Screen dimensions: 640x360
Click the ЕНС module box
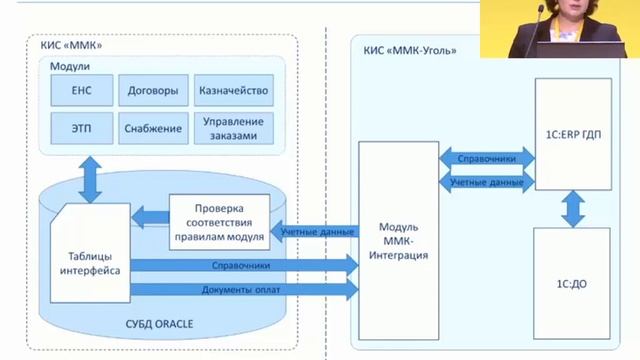82,90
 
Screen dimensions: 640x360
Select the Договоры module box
153,90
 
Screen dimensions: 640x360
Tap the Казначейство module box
233,90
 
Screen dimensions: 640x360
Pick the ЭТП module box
82,128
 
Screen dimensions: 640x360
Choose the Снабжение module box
153,128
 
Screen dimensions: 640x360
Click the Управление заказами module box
233,128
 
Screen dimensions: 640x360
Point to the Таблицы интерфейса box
90,253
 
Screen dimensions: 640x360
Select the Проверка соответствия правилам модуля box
220,222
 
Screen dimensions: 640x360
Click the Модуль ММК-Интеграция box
398,241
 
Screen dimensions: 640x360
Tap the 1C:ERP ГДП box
573,134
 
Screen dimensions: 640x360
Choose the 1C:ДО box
571,284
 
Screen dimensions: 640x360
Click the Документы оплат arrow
244,290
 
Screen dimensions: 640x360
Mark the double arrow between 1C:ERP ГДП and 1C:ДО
573,209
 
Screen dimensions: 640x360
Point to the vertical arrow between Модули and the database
90,180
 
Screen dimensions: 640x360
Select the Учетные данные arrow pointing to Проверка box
315,231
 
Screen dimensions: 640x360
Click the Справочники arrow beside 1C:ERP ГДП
487,158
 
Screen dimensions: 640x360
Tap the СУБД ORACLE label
159,324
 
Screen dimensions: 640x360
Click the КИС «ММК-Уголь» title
410,51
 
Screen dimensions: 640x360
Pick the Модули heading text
70,66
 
